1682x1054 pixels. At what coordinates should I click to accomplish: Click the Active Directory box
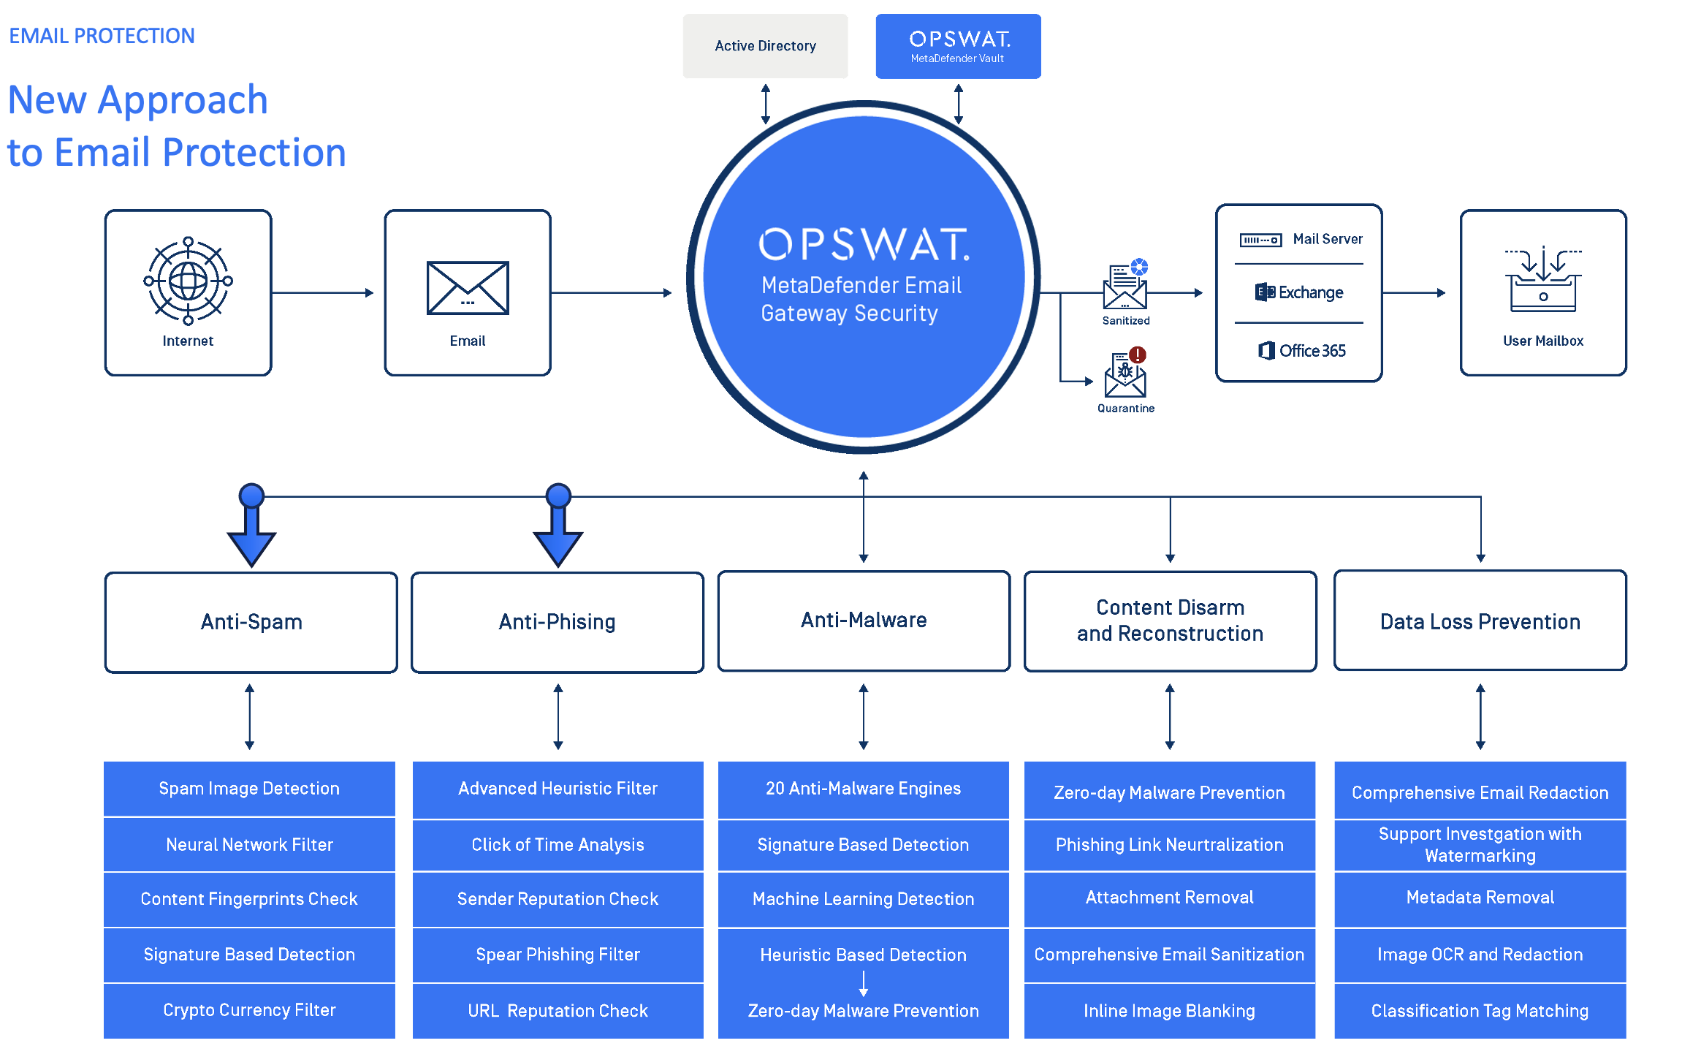coord(765,46)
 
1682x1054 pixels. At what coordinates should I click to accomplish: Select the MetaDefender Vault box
coord(958,46)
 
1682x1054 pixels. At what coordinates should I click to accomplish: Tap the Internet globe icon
coord(188,281)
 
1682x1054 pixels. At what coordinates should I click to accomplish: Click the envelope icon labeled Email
coord(468,288)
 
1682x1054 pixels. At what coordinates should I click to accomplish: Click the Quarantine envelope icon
coord(1125,375)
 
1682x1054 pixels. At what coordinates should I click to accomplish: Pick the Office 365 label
coord(1301,351)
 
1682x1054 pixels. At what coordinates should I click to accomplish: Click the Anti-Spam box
coord(251,622)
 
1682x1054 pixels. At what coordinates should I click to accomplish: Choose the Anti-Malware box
coord(864,621)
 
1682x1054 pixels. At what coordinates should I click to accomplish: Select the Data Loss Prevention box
coord(1480,621)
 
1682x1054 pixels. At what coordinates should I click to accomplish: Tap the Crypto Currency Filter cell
coord(249,1010)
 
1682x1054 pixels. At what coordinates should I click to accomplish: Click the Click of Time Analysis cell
coord(558,845)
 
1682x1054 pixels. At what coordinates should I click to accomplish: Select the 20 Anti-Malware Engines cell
coord(863,789)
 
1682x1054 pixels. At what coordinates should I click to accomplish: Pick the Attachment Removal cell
coord(1169,898)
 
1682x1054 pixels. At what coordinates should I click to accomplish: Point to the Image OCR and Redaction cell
coord(1480,955)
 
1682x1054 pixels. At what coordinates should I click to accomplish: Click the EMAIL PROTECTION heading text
coord(102,36)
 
